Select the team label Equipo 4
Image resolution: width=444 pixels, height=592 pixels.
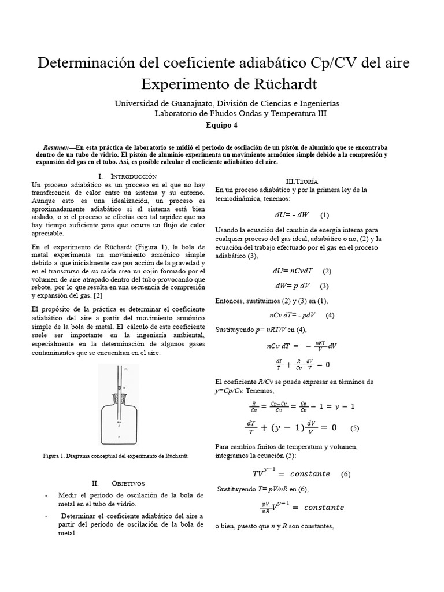point(221,125)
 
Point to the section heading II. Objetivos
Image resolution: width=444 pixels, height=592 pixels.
point(118,483)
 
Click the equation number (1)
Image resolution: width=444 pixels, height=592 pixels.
point(324,216)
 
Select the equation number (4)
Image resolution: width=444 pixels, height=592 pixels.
point(330,316)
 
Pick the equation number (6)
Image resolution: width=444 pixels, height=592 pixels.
point(346,474)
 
